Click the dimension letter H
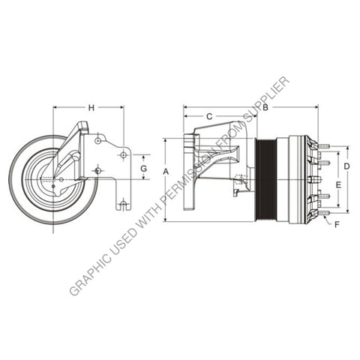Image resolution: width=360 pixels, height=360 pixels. tap(91, 108)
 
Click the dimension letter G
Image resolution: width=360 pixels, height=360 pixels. tap(143, 169)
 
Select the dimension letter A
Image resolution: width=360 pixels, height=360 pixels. tap(166, 172)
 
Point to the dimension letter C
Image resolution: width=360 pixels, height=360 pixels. tap(209, 116)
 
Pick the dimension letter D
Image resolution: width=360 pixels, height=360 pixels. tap(346, 165)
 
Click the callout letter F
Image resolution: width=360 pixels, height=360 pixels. tap(336, 223)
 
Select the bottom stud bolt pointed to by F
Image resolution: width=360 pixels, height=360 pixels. tap(322, 213)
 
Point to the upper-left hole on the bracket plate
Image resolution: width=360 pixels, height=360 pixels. tap(98, 139)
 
